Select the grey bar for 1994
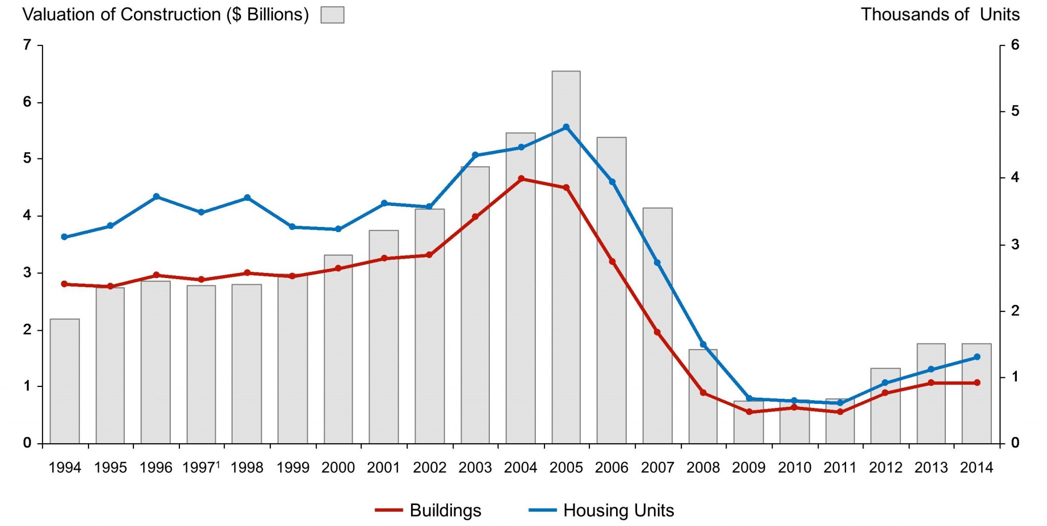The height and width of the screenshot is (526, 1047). [x=64, y=381]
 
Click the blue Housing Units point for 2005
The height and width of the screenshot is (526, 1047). [x=566, y=127]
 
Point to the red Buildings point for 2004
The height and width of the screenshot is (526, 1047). [x=521, y=178]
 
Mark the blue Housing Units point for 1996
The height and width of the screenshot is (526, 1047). [x=156, y=196]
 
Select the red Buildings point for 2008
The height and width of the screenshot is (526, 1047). [x=703, y=393]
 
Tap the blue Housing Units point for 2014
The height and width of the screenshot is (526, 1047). [x=976, y=357]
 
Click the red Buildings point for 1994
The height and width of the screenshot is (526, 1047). [x=64, y=284]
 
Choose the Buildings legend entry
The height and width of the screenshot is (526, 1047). [x=428, y=510]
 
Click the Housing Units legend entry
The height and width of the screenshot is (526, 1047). [x=601, y=510]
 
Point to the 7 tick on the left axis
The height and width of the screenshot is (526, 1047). [x=27, y=45]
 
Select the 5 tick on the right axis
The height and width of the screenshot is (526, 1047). [x=1015, y=111]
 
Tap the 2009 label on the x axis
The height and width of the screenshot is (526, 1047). [x=748, y=467]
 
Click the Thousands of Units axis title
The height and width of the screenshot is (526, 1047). [x=940, y=14]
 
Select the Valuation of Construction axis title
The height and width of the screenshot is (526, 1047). [x=165, y=14]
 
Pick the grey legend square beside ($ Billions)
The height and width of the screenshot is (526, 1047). [x=332, y=15]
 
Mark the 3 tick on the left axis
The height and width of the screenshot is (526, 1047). [x=27, y=272]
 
